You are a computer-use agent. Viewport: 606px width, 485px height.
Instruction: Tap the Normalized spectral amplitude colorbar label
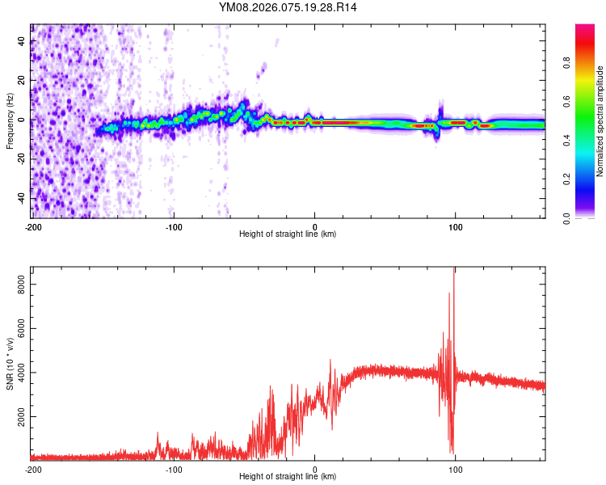[x=600, y=121]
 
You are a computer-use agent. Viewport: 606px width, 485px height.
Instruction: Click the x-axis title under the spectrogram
[x=288, y=234]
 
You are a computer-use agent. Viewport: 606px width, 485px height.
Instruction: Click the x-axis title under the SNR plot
[x=288, y=476]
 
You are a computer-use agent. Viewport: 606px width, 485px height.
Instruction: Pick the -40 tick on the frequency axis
[x=20, y=198]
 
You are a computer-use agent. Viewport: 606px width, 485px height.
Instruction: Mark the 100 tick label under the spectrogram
[x=456, y=226]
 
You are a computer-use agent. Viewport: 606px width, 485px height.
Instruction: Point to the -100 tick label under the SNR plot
[x=173, y=469]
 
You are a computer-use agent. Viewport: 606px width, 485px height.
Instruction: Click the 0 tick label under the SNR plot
[x=315, y=469]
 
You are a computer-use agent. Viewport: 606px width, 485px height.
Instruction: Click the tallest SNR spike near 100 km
[x=454, y=270]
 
